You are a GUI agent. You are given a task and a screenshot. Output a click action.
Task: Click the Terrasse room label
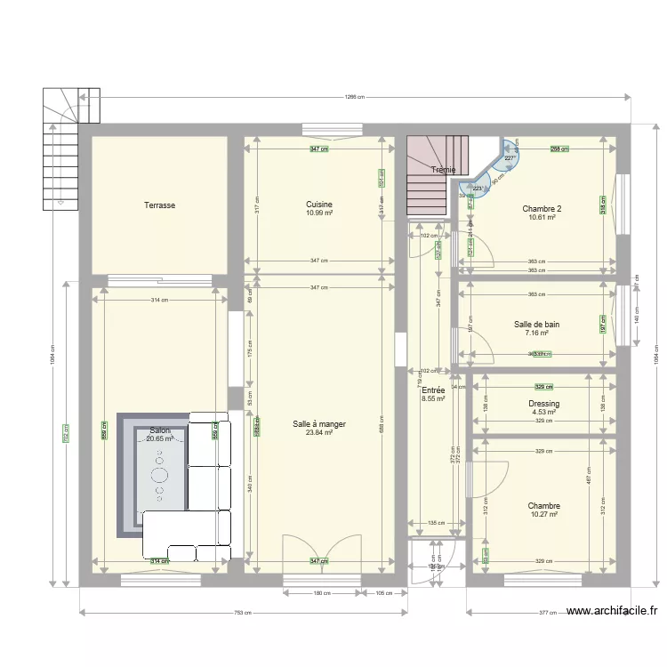tap(160, 205)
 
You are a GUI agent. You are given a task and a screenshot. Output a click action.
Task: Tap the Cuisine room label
tap(319, 204)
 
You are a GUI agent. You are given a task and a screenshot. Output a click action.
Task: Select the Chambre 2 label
tap(542, 209)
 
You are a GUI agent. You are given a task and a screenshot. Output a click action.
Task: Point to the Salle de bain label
tap(536, 325)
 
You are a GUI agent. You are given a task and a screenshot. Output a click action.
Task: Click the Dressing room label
tap(543, 403)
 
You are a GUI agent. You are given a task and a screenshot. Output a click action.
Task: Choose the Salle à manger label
tap(318, 424)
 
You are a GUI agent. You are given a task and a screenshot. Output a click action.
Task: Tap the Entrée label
tap(433, 390)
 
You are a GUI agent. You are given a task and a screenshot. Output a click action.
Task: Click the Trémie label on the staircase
tap(443, 170)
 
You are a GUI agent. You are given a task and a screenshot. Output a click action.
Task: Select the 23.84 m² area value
tap(318, 433)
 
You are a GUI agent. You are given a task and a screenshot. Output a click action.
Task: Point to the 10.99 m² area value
tap(319, 213)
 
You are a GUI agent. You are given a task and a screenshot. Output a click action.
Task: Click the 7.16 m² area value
tap(536, 333)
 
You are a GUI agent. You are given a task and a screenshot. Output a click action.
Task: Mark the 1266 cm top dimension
tap(355, 97)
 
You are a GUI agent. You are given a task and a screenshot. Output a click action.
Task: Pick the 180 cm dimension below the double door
tap(322, 594)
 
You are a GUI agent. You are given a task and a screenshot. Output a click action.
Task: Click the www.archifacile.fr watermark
tap(612, 611)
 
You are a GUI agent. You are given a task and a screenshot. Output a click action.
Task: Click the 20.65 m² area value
tap(160, 439)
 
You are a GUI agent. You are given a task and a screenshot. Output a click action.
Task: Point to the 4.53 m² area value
tap(543, 412)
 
